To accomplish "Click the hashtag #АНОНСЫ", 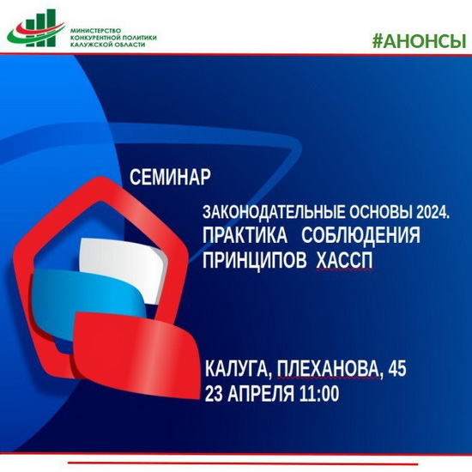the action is [420, 41].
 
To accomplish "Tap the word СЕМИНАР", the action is [170, 177].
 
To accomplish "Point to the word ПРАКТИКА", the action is [245, 235].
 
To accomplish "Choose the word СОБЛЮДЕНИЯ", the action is [360, 235].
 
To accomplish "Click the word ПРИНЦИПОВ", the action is [254, 260].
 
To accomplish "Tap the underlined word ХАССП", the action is [344, 260].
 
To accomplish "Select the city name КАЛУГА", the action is [237, 368].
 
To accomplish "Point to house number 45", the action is [397, 368].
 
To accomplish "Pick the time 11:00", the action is [319, 393].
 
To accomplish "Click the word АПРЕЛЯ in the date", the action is [261, 393].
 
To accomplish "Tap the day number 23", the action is [214, 393].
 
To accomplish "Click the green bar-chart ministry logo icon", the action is [36, 28].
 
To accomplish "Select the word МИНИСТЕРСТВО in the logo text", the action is [95, 31].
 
